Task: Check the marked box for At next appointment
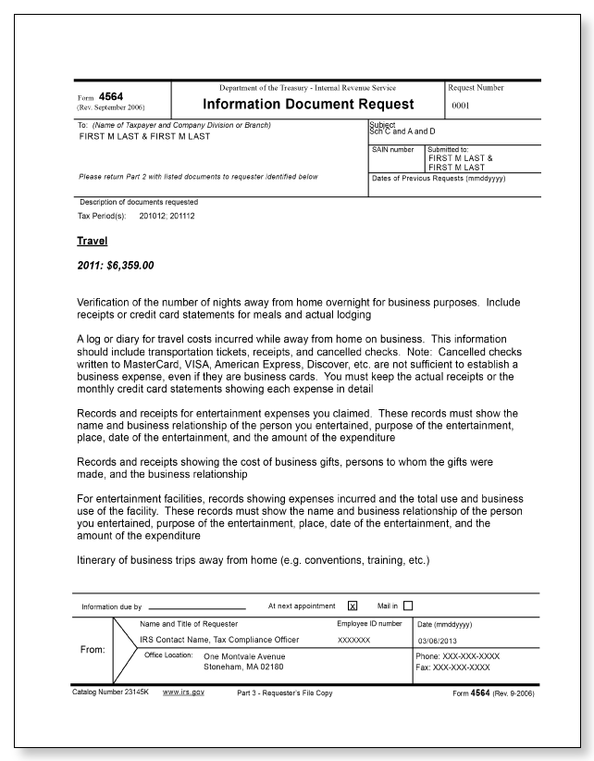(352, 606)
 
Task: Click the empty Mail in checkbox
(408, 606)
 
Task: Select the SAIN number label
(390, 148)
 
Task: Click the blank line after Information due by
(196, 607)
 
